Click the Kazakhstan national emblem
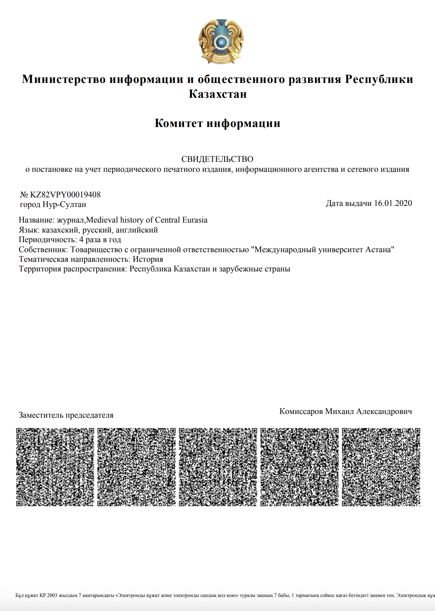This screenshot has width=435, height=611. (x=221, y=41)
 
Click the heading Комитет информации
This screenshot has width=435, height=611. (x=217, y=123)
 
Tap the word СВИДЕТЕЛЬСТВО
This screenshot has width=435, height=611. (x=217, y=159)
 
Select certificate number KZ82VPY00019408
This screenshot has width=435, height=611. (x=65, y=195)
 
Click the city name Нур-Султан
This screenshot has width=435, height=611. (x=64, y=204)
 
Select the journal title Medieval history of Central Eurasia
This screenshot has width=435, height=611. (x=147, y=220)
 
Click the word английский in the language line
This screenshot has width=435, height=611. (x=137, y=230)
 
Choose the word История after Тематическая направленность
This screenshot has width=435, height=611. (x=148, y=259)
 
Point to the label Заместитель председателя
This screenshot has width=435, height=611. (x=66, y=415)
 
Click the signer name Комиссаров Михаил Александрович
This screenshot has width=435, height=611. (x=345, y=411)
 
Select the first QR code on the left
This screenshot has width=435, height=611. (x=55, y=467)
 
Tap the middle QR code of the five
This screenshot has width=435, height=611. (x=218, y=467)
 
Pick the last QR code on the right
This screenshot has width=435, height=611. (x=381, y=467)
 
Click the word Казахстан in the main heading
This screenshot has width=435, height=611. (x=217, y=94)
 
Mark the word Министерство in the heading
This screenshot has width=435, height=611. (x=64, y=79)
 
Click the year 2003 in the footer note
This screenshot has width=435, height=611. (x=52, y=595)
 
